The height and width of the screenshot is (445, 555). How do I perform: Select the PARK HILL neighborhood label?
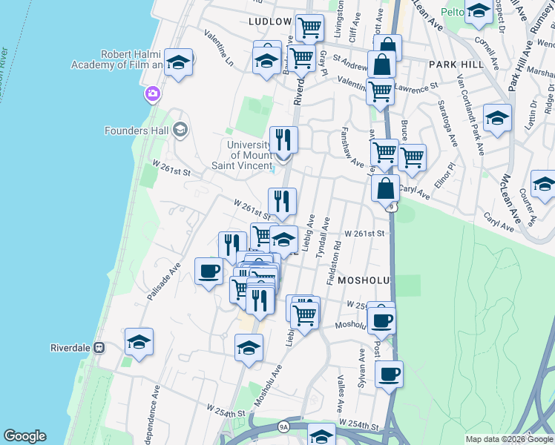(x=456, y=65)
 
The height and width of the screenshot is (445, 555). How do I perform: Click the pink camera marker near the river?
(x=153, y=93)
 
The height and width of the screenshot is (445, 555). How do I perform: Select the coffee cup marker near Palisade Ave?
(x=208, y=270)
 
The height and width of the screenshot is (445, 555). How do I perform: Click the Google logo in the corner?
(x=24, y=436)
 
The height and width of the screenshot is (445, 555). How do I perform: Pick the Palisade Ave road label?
(x=164, y=281)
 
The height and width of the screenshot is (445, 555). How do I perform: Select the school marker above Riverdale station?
(x=139, y=341)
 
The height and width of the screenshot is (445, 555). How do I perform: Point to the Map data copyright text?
(x=508, y=439)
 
